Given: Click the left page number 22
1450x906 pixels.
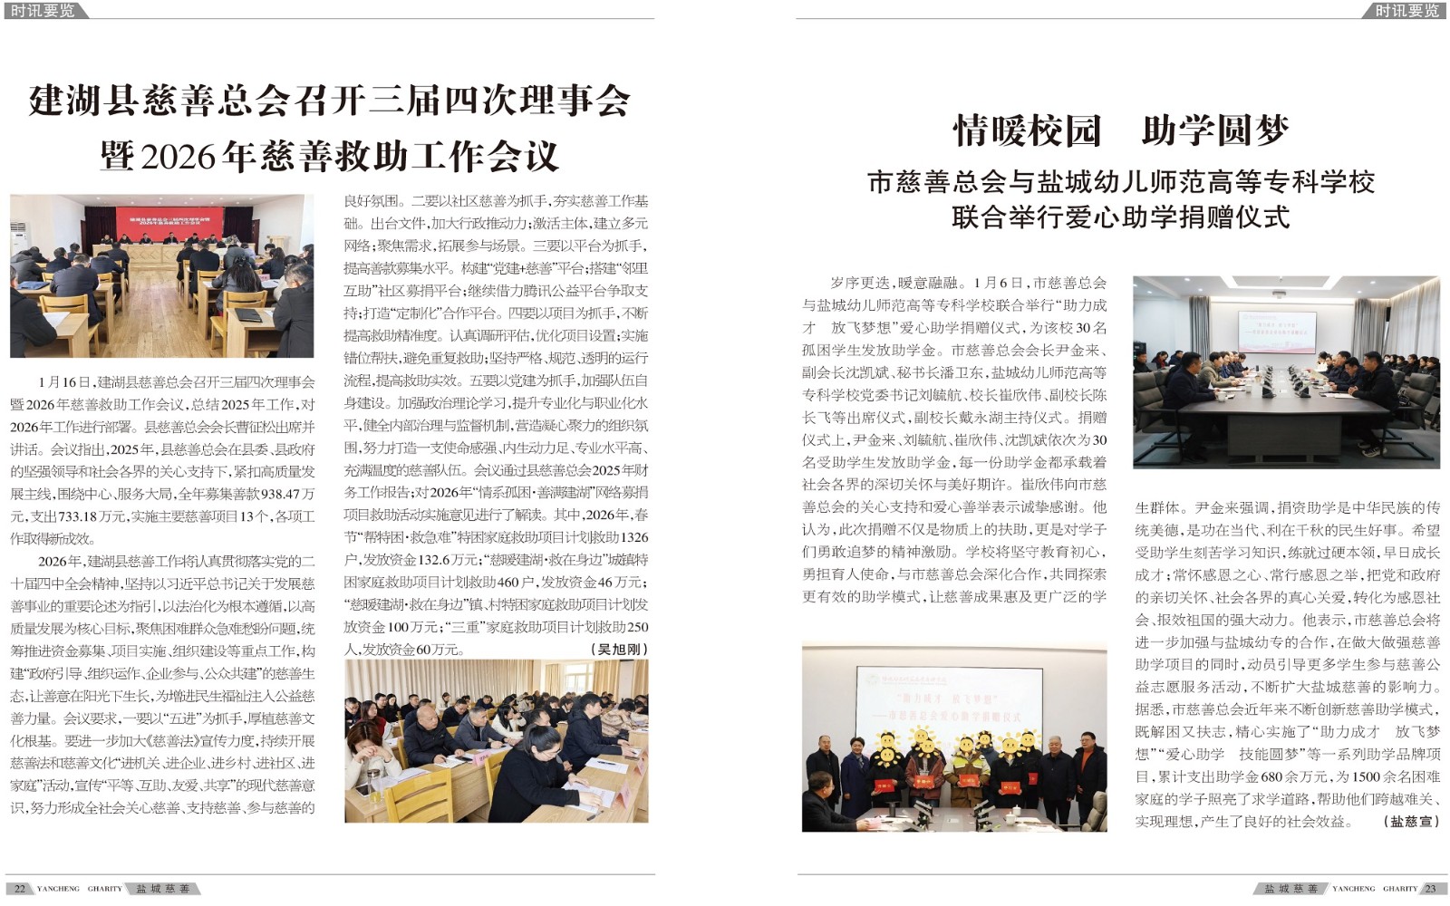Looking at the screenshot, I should pyautogui.click(x=20, y=889).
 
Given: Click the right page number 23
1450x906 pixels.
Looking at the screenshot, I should pyautogui.click(x=1430, y=889).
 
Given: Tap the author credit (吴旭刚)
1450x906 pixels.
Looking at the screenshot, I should pyautogui.click(x=619, y=650).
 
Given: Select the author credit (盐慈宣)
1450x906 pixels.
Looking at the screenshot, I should pyautogui.click(x=1411, y=822).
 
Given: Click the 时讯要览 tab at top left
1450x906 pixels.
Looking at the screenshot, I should pyautogui.click(x=43, y=11).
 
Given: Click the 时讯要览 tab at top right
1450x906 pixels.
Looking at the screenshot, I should pyautogui.click(x=1406, y=11).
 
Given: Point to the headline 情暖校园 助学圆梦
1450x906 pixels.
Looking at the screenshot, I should pyautogui.click(x=1120, y=130).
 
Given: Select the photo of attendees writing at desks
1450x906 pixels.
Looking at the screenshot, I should pyautogui.click(x=496, y=740).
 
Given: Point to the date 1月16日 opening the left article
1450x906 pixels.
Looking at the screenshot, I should pyautogui.click(x=65, y=382).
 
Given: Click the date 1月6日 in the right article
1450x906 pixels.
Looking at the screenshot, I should pyautogui.click(x=998, y=284).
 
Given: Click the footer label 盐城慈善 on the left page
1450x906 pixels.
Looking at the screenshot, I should pyautogui.click(x=163, y=889).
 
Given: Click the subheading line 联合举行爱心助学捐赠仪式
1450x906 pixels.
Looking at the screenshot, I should pyautogui.click(x=1120, y=217).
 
